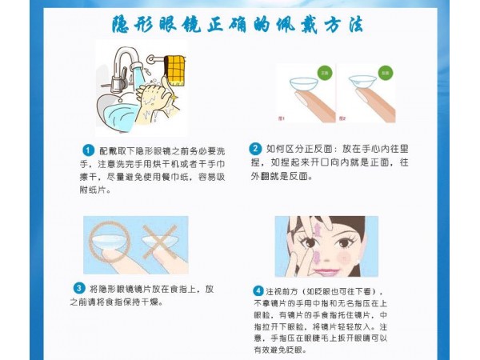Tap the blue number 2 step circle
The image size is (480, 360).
(255, 148)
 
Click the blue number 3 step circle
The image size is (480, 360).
(79, 288)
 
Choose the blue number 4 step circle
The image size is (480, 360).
(258, 290)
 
